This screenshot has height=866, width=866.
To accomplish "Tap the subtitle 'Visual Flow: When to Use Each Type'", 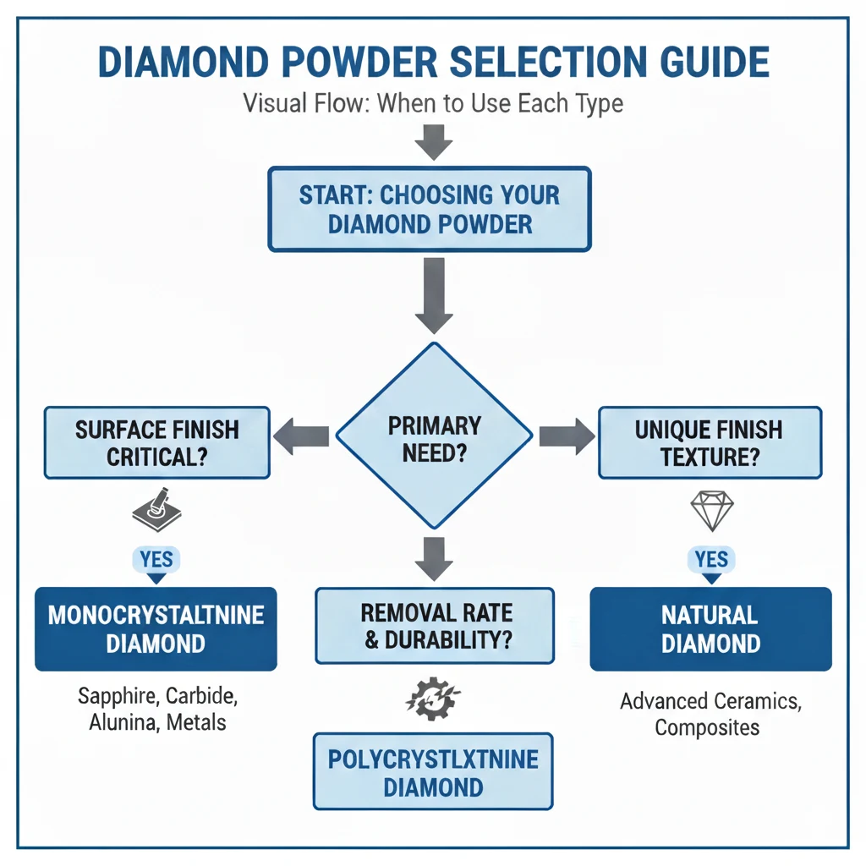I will (433, 104).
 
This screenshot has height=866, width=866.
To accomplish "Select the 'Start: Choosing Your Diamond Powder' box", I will (430, 208).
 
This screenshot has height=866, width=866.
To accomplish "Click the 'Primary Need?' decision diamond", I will (435, 436).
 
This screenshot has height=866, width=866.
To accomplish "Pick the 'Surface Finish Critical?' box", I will (157, 442).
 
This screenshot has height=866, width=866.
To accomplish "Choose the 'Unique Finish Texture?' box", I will (710, 442).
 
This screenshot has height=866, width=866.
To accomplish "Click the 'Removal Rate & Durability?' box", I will (435, 625).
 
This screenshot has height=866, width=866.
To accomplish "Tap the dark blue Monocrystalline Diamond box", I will (156, 628).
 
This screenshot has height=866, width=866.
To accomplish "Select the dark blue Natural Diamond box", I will (710, 628).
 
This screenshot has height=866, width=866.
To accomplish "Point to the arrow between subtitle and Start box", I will (434, 141).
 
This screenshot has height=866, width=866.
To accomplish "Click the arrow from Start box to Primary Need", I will (434, 297).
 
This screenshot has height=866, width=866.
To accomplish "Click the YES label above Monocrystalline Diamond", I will (156, 560).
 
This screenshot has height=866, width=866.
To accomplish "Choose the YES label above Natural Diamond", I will (711, 560).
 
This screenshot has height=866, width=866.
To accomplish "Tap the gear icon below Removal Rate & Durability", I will (433, 699).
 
